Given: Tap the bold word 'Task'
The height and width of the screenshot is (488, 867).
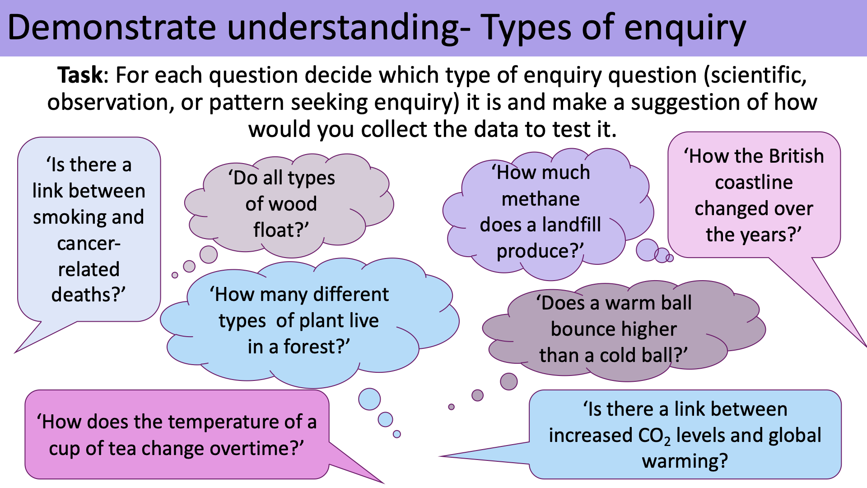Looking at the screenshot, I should tap(80, 75).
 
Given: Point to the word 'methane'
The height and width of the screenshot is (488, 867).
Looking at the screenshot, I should tap(541, 199).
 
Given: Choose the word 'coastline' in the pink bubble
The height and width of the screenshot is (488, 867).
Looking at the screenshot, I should tap(754, 183).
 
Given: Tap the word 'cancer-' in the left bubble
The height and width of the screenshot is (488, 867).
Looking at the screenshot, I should tap(89, 244).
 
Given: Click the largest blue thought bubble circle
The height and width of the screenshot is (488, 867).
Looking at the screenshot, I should tap(369, 399).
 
